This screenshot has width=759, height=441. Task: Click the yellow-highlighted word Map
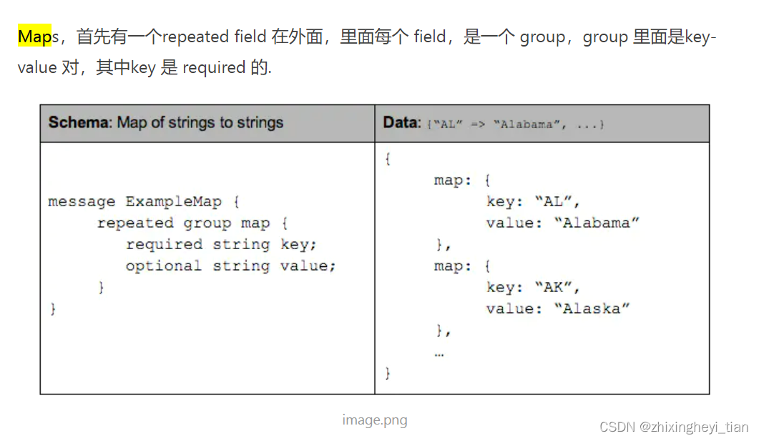[x=34, y=37]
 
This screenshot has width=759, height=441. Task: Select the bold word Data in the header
[x=399, y=122]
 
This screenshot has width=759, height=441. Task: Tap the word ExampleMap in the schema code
[x=174, y=202]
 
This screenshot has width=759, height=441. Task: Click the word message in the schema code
[x=82, y=202]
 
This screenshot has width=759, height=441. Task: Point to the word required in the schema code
[x=165, y=245]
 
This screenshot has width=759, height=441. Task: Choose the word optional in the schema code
[x=165, y=266]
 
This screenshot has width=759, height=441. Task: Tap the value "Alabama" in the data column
[x=597, y=223]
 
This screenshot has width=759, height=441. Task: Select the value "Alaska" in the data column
[x=592, y=309]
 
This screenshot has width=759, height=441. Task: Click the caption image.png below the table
[x=374, y=420]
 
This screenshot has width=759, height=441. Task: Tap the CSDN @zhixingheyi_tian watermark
[x=674, y=427]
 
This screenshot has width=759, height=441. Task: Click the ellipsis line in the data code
[x=439, y=352]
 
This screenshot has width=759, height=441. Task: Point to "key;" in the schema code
[x=299, y=245]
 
